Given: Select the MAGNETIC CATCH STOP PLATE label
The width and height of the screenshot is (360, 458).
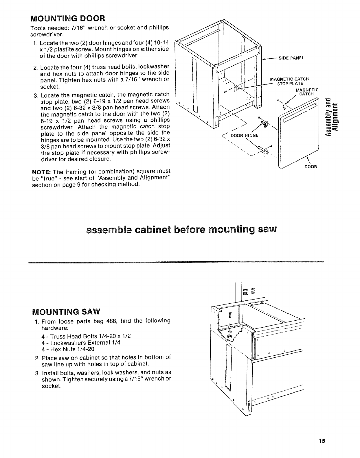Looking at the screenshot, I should click(289, 81).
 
